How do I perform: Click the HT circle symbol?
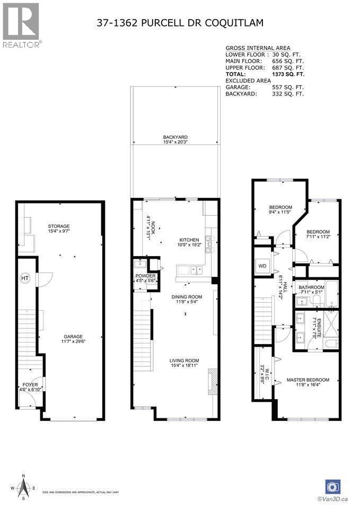point(24,278)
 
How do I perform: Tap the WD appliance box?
point(262,265)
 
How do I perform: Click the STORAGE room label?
point(59,226)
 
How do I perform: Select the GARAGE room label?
point(73,336)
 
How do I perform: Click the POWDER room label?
point(145,276)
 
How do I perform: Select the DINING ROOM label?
point(187,297)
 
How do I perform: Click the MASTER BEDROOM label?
point(308,380)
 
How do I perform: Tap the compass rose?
point(23,488)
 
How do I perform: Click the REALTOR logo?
point(21,23)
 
